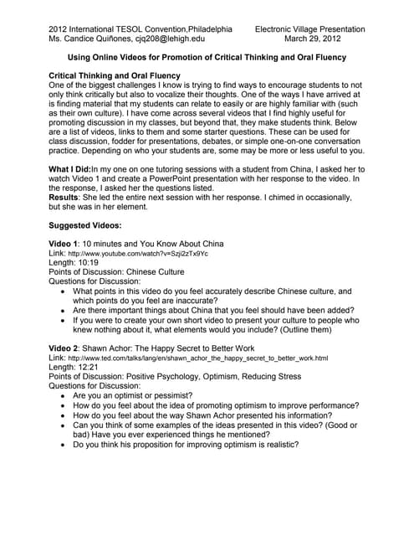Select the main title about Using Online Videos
click(207, 58)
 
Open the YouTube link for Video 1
click(138, 254)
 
